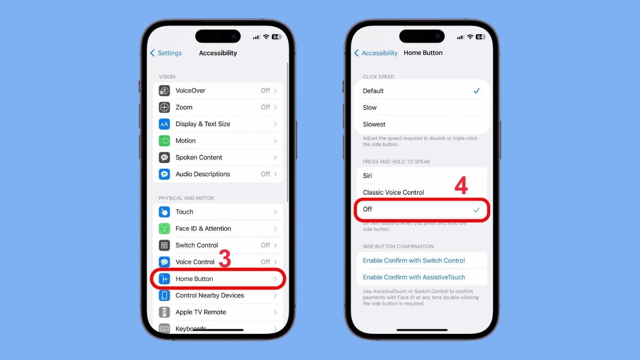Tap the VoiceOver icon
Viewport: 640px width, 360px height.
tap(164, 91)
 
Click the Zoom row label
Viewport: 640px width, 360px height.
tap(184, 107)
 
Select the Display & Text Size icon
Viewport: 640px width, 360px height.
tap(164, 124)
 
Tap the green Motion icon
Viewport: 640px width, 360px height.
tap(164, 141)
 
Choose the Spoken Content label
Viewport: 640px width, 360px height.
tap(198, 157)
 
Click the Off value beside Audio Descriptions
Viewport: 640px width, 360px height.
tap(265, 174)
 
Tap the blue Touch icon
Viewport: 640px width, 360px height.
tap(164, 212)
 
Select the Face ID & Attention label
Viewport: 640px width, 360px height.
tap(203, 228)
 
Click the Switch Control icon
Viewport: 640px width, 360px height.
tap(164, 245)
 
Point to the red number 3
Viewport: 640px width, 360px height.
tap(225, 259)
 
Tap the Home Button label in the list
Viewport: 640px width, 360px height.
tap(194, 279)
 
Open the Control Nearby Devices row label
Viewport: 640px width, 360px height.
tap(210, 295)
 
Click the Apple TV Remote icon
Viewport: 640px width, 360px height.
tap(164, 312)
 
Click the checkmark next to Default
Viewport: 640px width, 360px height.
tap(476, 91)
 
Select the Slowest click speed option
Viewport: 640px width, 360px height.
tap(374, 124)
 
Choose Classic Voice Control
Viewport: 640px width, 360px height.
tap(393, 193)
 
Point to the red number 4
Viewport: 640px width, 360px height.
tap(461, 186)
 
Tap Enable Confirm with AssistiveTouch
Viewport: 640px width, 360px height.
tap(413, 277)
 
